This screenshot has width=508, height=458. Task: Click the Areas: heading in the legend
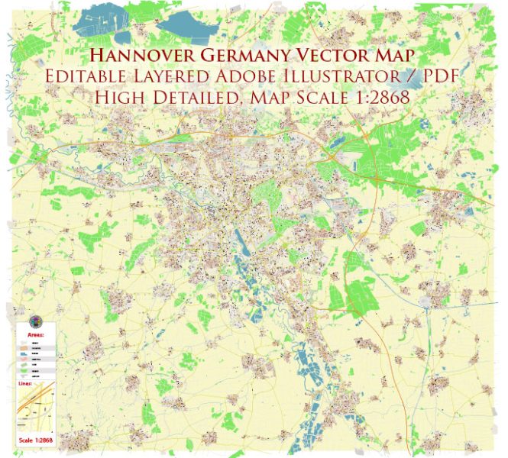click(35, 334)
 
